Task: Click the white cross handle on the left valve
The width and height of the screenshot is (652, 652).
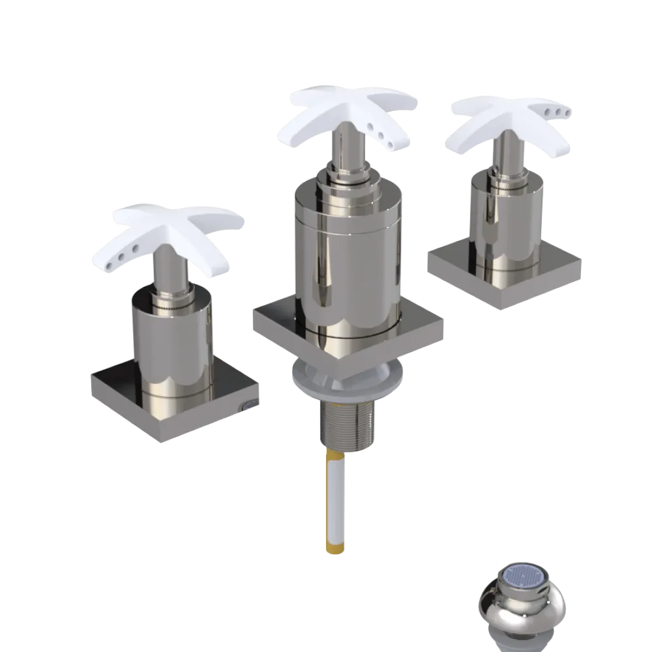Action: click(176, 225)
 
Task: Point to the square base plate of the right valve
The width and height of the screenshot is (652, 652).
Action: click(456, 267)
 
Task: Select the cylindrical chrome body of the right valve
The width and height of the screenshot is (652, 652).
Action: click(505, 215)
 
